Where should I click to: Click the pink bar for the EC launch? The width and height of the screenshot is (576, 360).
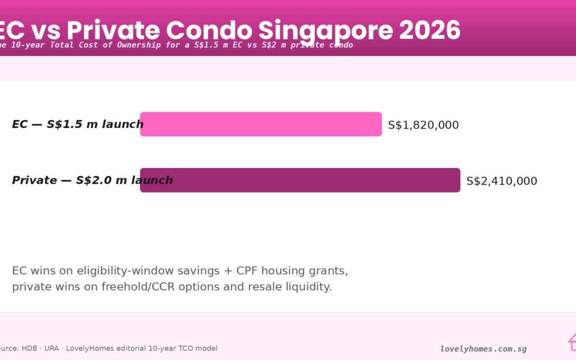pyautogui.click(x=261, y=124)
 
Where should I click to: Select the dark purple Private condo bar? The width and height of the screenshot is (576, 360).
pyautogui.click(x=300, y=180)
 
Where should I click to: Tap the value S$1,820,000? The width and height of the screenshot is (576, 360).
pyautogui.click(x=423, y=125)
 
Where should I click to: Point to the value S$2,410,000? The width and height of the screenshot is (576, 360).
pyautogui.click(x=501, y=181)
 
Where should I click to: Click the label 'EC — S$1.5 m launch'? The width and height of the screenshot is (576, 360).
pyautogui.click(x=77, y=124)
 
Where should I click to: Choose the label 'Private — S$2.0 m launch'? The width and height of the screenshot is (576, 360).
pyautogui.click(x=92, y=180)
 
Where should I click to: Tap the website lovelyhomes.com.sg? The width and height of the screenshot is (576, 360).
pyautogui.click(x=483, y=349)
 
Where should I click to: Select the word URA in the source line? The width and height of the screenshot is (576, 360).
pyautogui.click(x=52, y=348)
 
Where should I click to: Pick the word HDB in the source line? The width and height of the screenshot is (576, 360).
pyautogui.click(x=29, y=348)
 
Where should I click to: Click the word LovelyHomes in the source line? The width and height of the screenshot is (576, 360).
pyautogui.click(x=86, y=348)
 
